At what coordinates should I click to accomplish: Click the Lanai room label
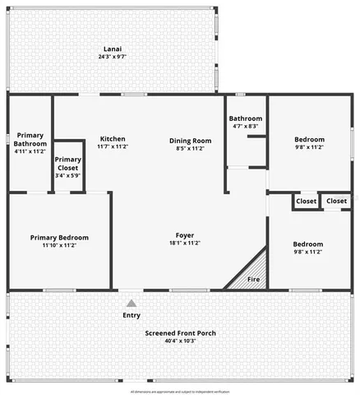pos(112,48)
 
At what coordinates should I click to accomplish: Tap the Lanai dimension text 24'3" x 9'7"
pos(112,57)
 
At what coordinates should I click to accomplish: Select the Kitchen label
pos(112,138)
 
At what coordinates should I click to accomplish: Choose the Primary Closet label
pos(68,163)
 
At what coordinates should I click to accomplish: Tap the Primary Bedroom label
pos(59,238)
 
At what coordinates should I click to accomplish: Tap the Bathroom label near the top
pos(245,118)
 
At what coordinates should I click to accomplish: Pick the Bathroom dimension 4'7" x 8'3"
pos(245,127)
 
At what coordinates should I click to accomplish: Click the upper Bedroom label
pos(309,139)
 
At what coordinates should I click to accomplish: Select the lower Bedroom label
pos(308,244)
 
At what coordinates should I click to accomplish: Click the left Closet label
pos(306,201)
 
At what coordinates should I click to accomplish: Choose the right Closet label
pos(336,201)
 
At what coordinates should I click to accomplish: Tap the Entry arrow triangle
pos(131,304)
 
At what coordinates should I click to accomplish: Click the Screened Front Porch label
pos(180,332)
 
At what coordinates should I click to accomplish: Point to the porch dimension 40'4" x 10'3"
pos(180,341)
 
